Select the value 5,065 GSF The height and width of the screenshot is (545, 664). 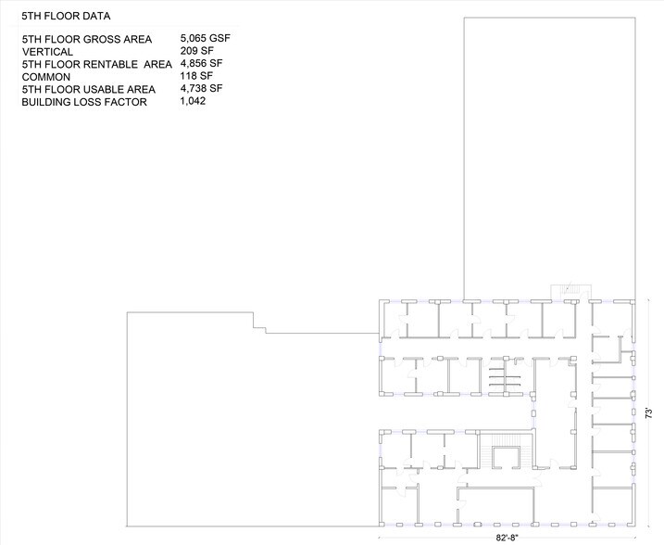pos(206,38)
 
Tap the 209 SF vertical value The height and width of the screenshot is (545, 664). pos(195,51)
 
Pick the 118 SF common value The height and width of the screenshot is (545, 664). pos(194,76)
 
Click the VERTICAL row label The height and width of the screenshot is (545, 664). pos(47,52)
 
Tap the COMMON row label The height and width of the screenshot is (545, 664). pos(46,77)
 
